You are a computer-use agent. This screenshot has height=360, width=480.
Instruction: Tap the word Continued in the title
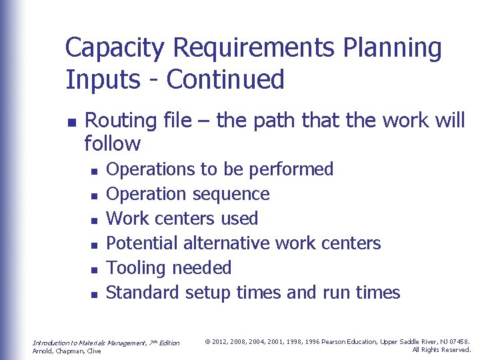[x=225, y=79]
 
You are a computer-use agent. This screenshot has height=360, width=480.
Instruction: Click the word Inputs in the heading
[x=98, y=79]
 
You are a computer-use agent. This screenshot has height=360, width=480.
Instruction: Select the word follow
[x=113, y=143]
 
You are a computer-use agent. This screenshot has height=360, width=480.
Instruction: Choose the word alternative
[x=227, y=243]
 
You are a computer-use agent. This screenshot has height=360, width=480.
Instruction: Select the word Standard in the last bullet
[x=143, y=293]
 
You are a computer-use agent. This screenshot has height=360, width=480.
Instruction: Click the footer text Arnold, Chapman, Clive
[x=67, y=351]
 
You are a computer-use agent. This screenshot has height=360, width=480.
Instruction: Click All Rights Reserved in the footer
[x=441, y=350]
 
